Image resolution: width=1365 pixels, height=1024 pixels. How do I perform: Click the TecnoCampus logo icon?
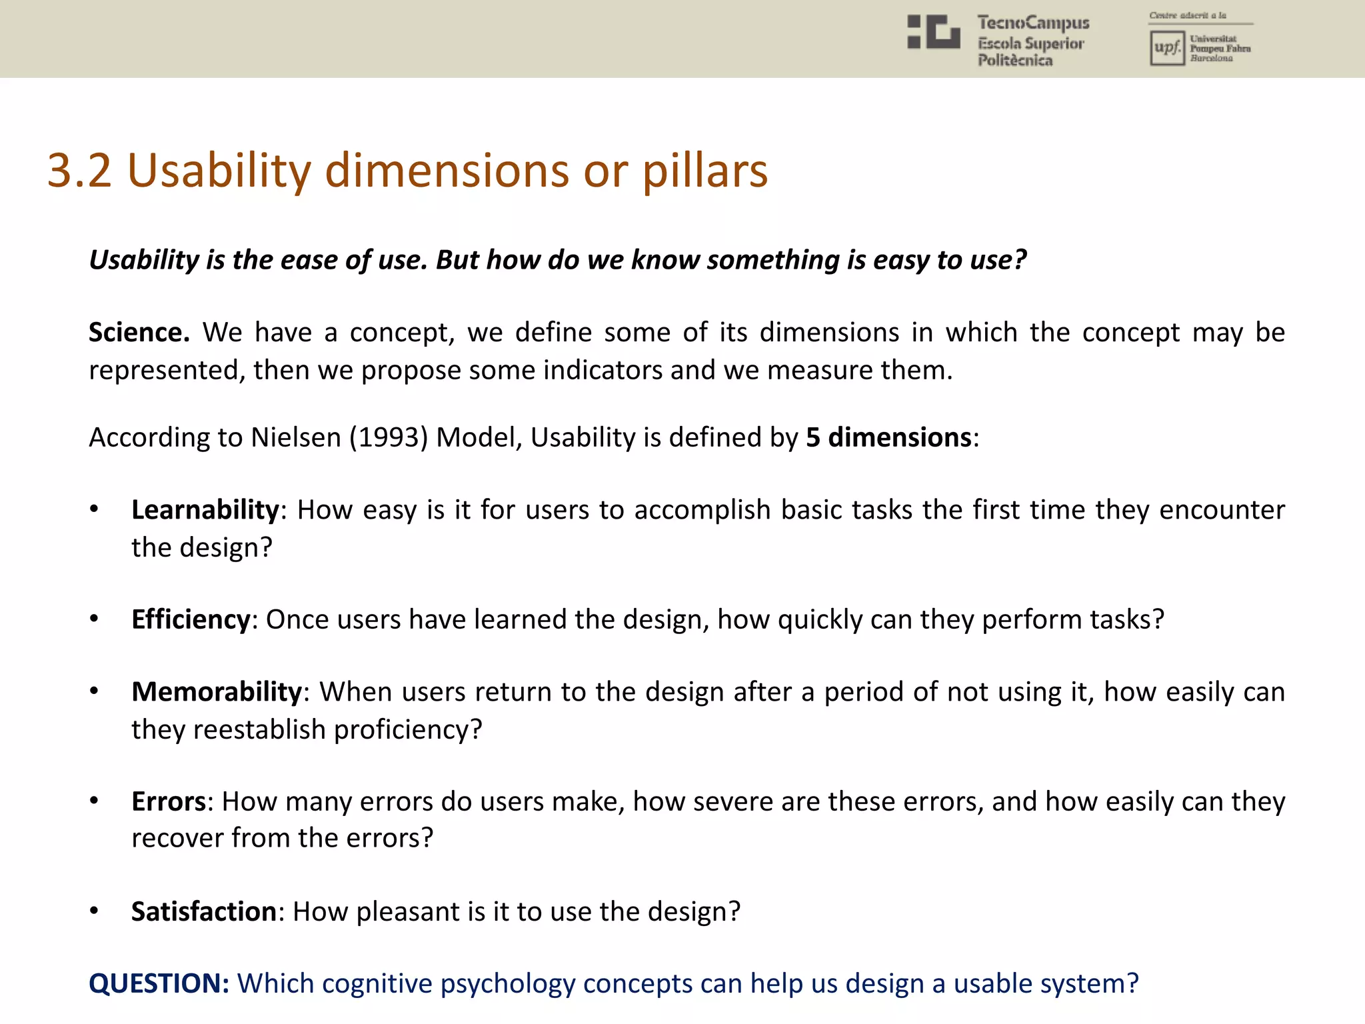click(x=934, y=32)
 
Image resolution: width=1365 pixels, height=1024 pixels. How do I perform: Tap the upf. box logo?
click(x=1166, y=48)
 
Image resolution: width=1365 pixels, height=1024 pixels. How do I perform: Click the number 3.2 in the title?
click(x=79, y=171)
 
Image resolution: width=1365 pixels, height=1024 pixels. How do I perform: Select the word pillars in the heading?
click(x=704, y=171)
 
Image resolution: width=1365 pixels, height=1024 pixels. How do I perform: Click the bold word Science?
click(x=139, y=332)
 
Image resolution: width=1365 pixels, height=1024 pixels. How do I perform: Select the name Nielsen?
click(x=295, y=437)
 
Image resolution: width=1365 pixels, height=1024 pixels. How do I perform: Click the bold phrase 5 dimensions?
click(x=888, y=437)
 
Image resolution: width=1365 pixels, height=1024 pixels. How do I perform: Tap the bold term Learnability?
click(x=205, y=510)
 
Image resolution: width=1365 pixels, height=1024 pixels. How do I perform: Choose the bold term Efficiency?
click(x=191, y=619)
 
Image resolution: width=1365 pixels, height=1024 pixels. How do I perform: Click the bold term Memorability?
click(x=217, y=692)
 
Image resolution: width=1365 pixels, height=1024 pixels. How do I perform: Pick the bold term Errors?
click(x=169, y=801)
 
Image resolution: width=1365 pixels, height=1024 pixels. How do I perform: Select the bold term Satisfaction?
click(x=204, y=911)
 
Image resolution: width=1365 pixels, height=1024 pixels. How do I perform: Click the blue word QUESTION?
click(x=159, y=984)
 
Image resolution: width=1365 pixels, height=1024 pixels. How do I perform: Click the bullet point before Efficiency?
click(x=95, y=619)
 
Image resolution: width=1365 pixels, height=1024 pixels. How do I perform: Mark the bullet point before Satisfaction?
click(x=95, y=911)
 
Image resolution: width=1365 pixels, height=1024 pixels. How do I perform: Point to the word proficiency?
click(x=407, y=729)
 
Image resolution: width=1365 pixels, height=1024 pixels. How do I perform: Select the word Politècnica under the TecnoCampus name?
click(x=1015, y=61)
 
